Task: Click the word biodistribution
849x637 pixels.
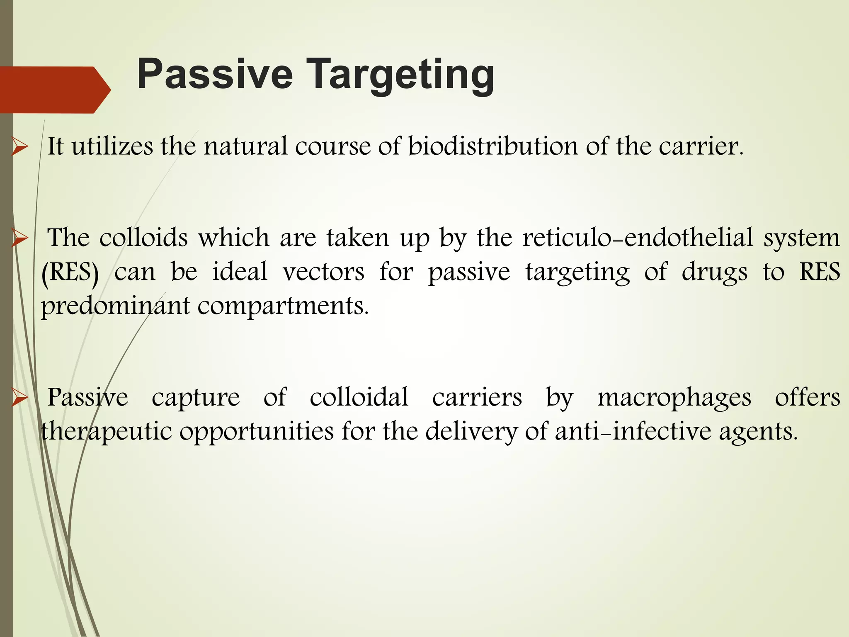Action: coord(493,146)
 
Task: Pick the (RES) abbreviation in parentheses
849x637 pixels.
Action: coord(70,272)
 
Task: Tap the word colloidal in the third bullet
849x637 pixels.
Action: coord(359,397)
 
